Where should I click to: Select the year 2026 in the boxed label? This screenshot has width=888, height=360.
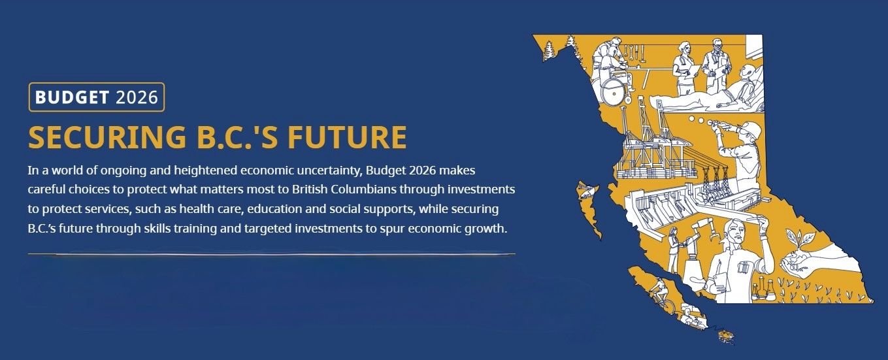(137, 97)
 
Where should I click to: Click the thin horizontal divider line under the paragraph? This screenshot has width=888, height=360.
(271, 254)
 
